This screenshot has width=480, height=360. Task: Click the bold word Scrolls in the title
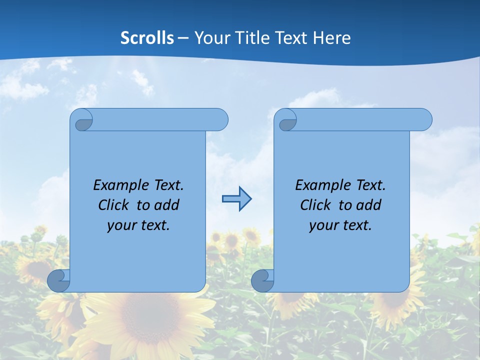coord(147,37)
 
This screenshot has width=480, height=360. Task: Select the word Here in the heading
coord(332,37)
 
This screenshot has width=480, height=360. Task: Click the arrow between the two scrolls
coord(236,199)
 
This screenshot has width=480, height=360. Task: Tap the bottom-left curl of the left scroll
coord(58,280)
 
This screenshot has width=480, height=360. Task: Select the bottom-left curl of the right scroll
coord(262,280)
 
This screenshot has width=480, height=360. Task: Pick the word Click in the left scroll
coord(113,205)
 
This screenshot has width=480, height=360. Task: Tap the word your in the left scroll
coord(121,225)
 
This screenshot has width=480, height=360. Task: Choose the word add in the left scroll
coord(166,205)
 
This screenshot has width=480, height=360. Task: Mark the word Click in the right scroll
coord(315,205)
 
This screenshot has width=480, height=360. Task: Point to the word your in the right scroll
coord(323,225)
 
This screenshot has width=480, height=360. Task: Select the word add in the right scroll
coord(368,205)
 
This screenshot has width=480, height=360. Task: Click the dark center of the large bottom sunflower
coord(145,320)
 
